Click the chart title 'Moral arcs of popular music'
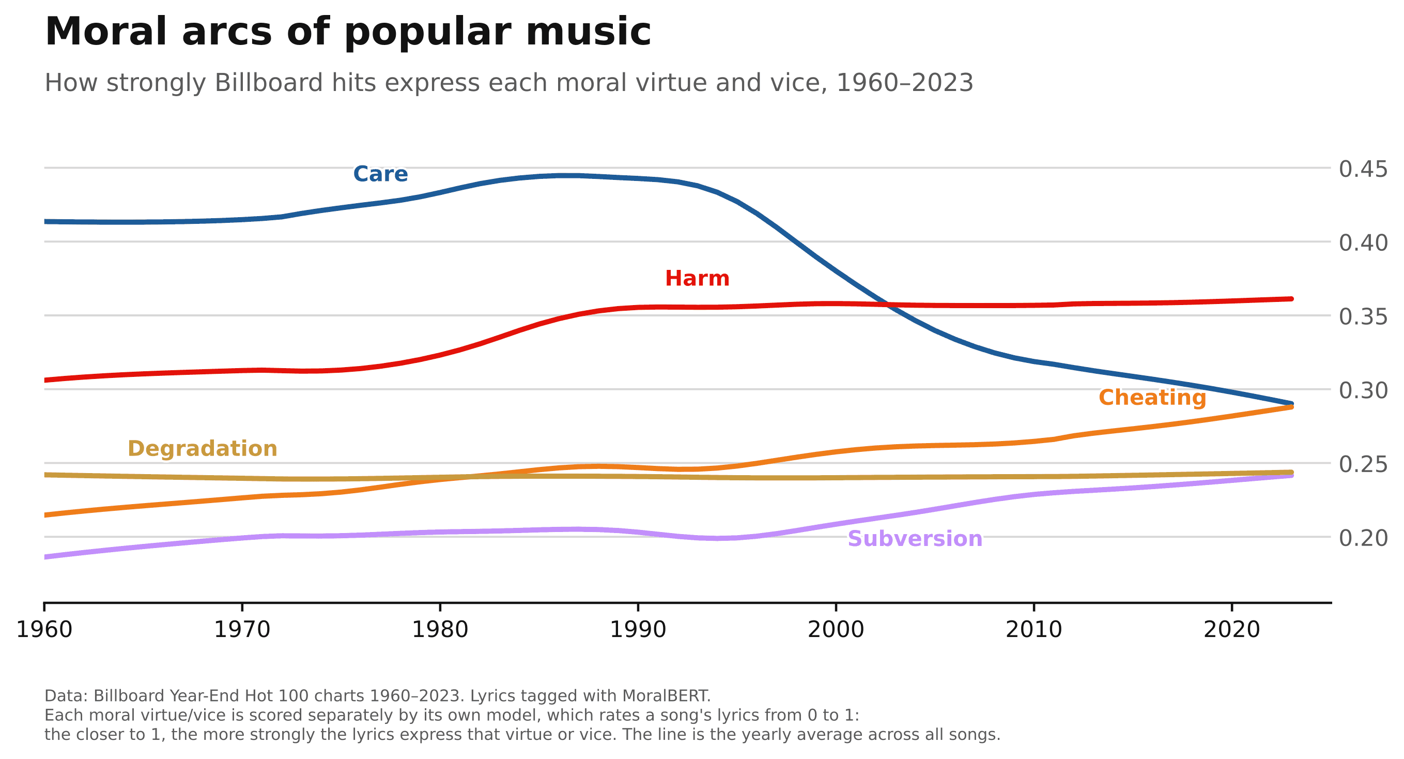(x=348, y=32)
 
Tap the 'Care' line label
(x=380, y=174)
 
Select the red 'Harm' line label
(x=697, y=279)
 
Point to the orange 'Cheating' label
(x=1152, y=398)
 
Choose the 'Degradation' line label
(x=202, y=449)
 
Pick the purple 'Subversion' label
(x=915, y=539)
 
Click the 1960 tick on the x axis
(x=44, y=630)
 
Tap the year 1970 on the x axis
(x=242, y=630)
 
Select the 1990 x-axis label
(x=638, y=630)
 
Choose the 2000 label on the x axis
(x=836, y=630)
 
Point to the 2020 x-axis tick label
(x=1232, y=630)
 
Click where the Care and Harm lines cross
(x=887, y=304)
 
